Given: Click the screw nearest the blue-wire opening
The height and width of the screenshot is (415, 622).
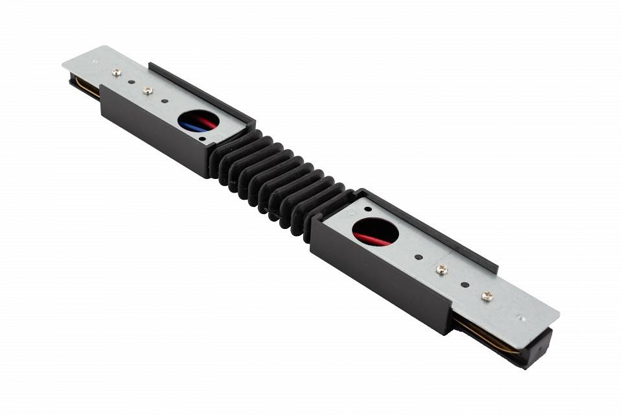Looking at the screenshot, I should click(148, 91).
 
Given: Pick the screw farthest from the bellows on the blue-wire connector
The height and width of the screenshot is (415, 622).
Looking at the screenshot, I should click(117, 73).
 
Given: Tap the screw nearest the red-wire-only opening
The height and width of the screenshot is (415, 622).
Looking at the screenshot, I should click(441, 269).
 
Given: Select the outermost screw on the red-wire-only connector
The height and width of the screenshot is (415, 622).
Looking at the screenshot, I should click(487, 296).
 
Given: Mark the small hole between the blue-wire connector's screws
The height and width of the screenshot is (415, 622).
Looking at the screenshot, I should click(132, 82).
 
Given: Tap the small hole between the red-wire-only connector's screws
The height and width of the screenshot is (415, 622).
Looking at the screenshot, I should click(465, 283).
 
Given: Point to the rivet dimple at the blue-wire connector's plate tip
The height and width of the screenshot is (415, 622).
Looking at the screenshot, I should click(95, 62).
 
